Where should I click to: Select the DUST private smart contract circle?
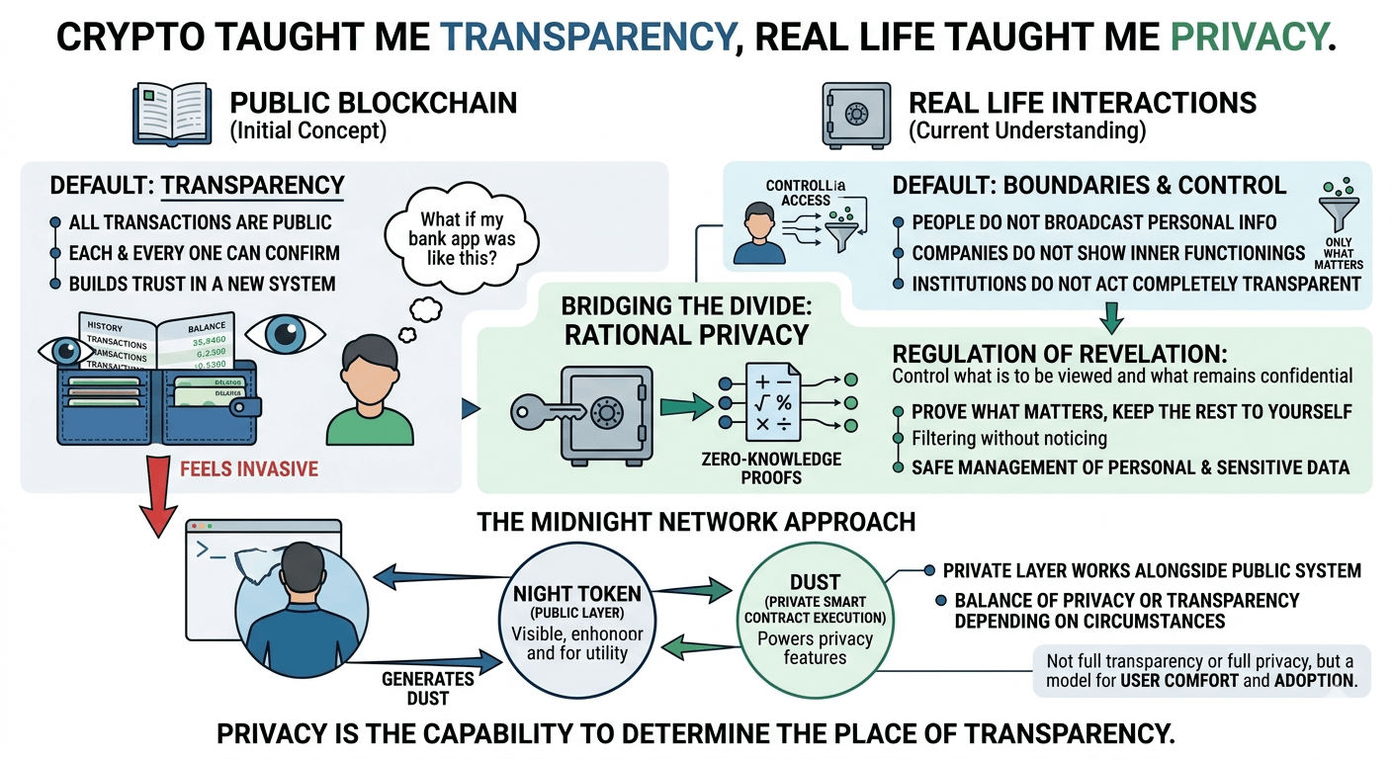815,621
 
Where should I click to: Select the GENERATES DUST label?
428,688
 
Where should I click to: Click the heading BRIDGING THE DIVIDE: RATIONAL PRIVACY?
685,318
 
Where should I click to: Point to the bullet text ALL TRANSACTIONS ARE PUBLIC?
200,223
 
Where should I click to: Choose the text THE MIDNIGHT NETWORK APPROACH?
696,521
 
